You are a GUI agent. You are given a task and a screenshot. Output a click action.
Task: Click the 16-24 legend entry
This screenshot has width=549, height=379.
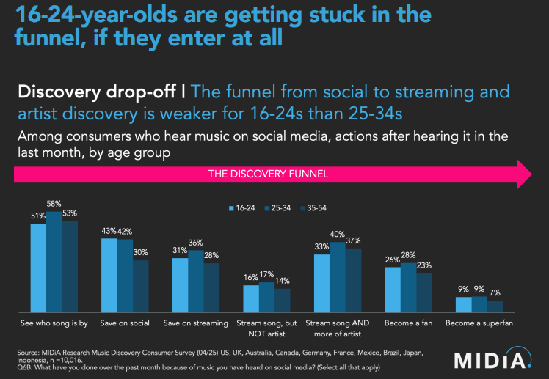[x=243, y=208]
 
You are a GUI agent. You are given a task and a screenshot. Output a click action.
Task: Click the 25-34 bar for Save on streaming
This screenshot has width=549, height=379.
[x=196, y=279]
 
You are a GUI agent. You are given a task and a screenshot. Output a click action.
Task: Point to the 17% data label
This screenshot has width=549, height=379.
[x=267, y=275]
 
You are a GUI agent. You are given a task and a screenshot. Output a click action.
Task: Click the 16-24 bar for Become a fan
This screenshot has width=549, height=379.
[x=393, y=288]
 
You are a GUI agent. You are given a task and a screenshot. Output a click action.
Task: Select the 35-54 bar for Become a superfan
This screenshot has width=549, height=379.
[x=495, y=306]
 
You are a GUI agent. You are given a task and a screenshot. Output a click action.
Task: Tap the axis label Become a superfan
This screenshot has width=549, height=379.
[x=480, y=322]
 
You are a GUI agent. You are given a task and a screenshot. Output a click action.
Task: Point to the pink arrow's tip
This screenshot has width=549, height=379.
[x=530, y=174]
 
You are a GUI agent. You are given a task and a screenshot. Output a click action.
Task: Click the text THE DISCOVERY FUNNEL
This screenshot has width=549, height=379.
[x=268, y=174]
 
